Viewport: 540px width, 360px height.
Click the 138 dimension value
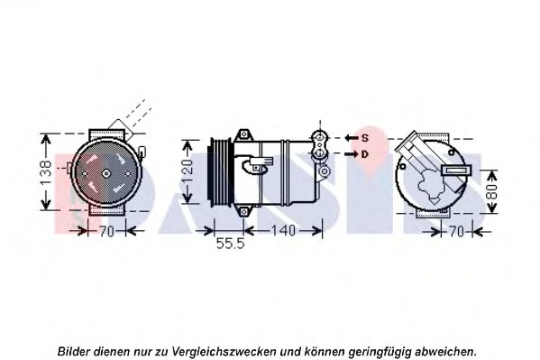45,172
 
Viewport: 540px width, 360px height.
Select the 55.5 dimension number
230,244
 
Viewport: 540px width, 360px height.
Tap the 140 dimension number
283,230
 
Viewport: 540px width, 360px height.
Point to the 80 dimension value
493,191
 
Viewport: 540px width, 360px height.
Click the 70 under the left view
106,231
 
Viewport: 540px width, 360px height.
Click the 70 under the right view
457,231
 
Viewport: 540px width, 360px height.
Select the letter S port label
365,138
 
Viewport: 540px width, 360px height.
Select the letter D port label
365,154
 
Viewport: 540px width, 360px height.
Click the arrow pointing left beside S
352,138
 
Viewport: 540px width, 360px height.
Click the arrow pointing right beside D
352,154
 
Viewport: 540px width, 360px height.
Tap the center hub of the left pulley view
106,173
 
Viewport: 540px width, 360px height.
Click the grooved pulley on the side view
220,172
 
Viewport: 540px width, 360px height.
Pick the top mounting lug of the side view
244,134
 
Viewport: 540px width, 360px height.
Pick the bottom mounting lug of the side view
244,211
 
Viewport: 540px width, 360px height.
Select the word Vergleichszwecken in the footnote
224,352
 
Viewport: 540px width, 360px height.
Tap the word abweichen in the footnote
445,351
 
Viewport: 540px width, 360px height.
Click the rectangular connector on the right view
457,170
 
